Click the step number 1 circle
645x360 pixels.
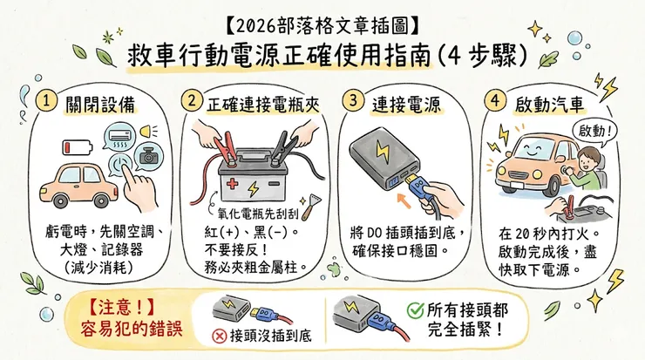(51, 101)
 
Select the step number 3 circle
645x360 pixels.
(352, 100)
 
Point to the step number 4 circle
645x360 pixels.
(495, 100)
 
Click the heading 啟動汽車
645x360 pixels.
(548, 103)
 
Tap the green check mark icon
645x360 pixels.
(416, 311)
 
